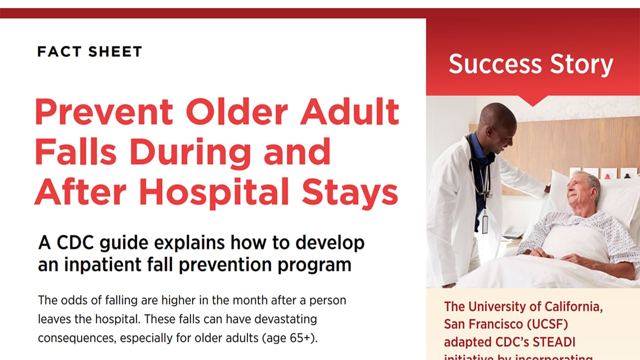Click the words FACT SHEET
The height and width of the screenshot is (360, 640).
pos(90,52)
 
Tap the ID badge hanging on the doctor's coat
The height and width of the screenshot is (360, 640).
pos(485,222)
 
